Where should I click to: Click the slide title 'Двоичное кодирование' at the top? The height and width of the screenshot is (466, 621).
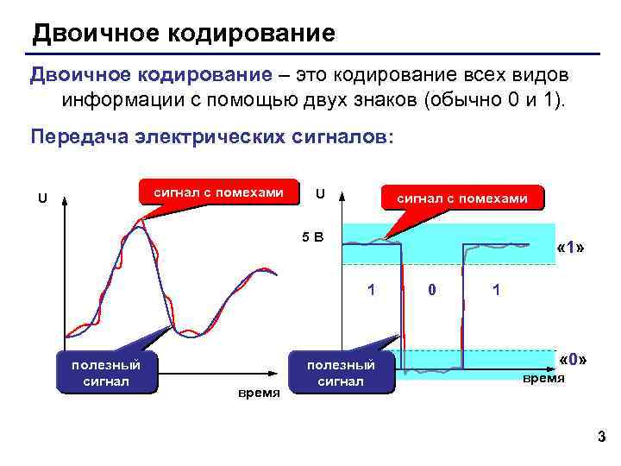point(183,35)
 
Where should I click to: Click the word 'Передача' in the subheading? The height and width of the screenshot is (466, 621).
point(78,138)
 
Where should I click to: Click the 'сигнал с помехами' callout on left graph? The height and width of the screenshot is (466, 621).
point(218,192)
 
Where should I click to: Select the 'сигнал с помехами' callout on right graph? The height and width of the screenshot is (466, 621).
point(461,198)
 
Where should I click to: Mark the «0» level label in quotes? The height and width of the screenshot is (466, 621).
point(573,358)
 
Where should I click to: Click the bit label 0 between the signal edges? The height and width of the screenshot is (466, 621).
point(432,291)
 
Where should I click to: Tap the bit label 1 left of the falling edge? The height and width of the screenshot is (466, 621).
point(372,290)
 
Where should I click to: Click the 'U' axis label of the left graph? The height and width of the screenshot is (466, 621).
point(41,198)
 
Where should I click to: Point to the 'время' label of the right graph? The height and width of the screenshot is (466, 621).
point(544,378)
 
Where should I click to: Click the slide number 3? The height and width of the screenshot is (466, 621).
point(601,439)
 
